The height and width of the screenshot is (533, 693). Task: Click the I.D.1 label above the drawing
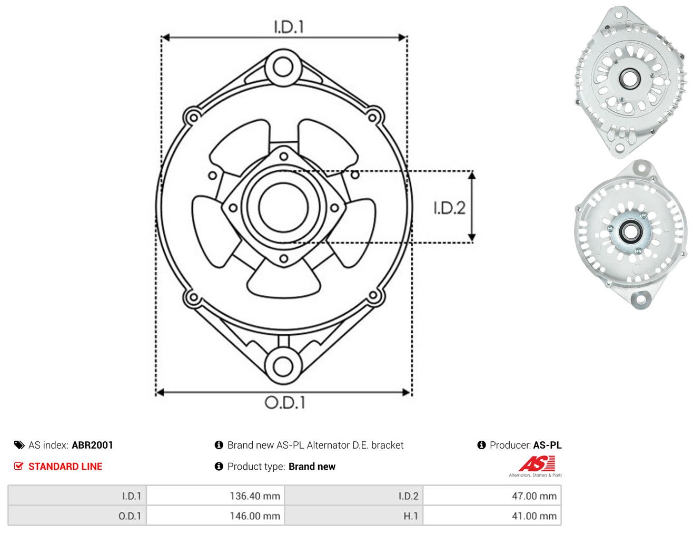click(289, 27)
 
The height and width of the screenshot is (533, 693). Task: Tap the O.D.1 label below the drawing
click(285, 402)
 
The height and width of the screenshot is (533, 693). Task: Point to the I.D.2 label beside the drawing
click(449, 208)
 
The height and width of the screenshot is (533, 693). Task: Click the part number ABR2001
click(93, 445)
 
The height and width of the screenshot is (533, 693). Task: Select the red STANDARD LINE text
click(65, 466)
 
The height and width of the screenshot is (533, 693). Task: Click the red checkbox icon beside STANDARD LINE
click(19, 466)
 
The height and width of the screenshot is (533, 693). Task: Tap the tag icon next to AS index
click(19, 445)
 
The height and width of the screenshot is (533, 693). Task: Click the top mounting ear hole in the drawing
click(283, 67)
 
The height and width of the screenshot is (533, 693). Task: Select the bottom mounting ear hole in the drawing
click(283, 367)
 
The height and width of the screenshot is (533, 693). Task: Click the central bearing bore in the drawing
click(283, 208)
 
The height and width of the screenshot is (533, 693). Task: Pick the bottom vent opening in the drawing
click(283, 281)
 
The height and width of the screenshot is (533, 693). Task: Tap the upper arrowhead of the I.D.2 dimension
click(472, 175)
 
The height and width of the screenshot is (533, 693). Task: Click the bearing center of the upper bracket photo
click(629, 79)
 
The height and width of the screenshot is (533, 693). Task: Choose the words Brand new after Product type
click(312, 466)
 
